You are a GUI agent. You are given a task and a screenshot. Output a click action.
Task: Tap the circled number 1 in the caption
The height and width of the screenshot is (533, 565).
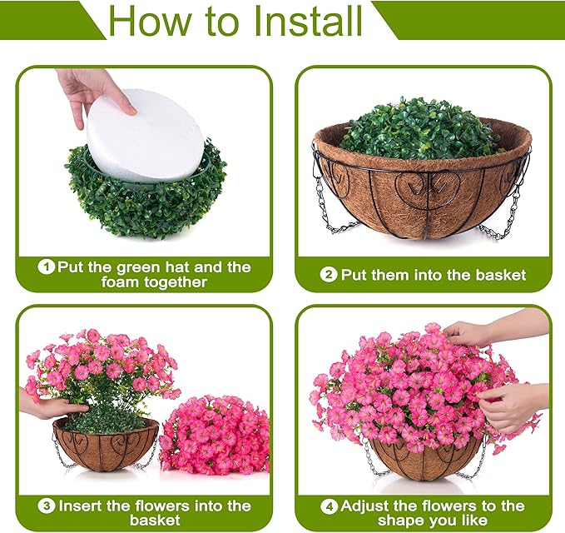(48, 267)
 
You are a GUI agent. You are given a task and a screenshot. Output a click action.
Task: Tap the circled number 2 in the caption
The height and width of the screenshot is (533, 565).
(330, 275)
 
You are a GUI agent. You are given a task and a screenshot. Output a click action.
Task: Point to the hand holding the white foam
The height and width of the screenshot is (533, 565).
(92, 90)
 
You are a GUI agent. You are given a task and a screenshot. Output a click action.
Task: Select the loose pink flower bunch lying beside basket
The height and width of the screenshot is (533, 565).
(213, 432)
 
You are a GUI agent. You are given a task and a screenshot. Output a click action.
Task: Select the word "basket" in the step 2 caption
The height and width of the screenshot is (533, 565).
(498, 275)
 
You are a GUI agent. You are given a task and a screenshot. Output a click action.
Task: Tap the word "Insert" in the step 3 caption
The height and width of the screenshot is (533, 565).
(82, 506)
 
